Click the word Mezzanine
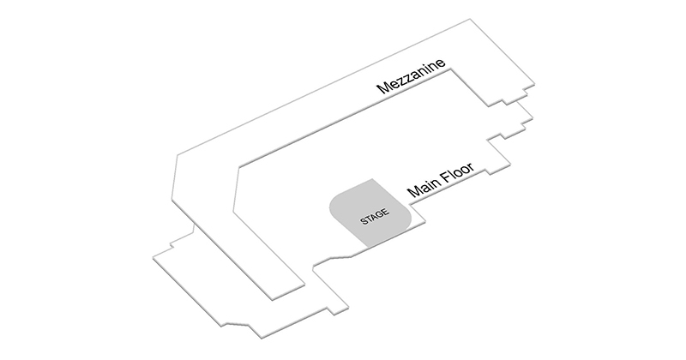point(412,76)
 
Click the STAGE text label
point(375,217)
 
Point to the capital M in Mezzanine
point(384,87)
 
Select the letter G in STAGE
point(380,214)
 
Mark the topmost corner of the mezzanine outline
point(470,19)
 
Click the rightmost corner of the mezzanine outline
point(534,83)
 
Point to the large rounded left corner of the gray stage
point(334,206)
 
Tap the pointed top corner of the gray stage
point(372,179)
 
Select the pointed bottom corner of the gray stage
point(367,246)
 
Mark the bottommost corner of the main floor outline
point(262,338)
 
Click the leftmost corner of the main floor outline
point(153,258)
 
